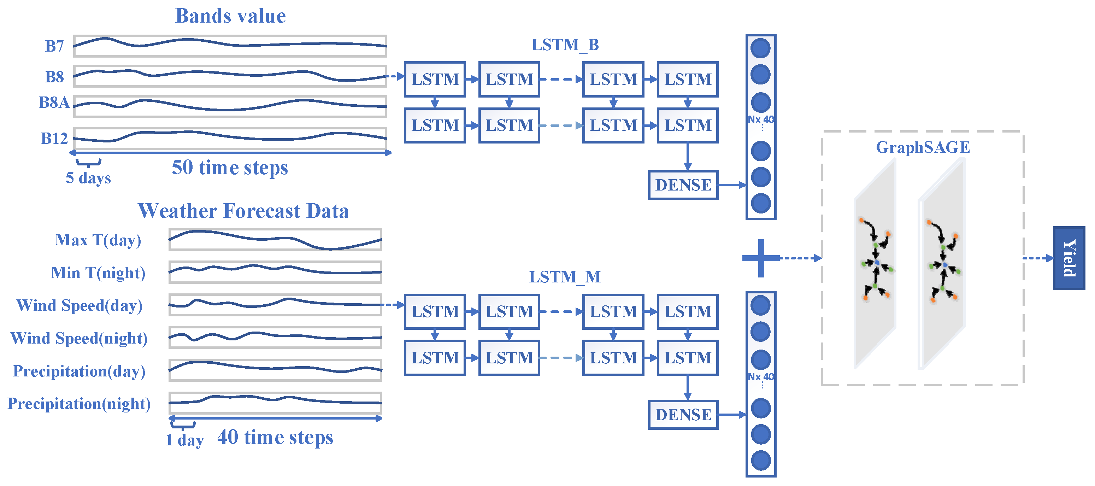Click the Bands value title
(230, 16)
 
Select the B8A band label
(54, 103)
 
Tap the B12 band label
(54, 139)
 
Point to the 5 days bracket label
(88, 178)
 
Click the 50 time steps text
(230, 168)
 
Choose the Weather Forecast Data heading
(243, 211)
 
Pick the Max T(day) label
(98, 240)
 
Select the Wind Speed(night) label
(79, 339)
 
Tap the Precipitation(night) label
(79, 404)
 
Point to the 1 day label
(184, 440)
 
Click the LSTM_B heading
(565, 45)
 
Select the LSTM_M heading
(565, 277)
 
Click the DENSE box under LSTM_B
(683, 185)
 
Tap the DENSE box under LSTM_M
(683, 415)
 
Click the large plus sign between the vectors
(760, 258)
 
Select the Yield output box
(1068, 258)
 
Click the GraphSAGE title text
(923, 147)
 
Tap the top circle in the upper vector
(760, 48)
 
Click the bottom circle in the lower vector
(760, 461)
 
